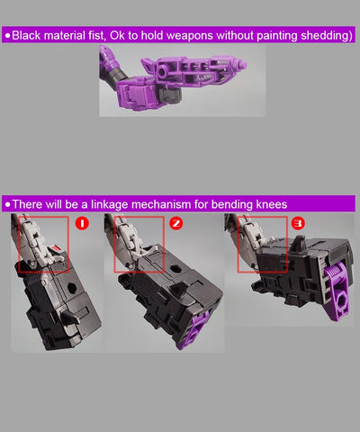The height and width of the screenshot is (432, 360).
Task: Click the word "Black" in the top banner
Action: pyautogui.click(x=26, y=35)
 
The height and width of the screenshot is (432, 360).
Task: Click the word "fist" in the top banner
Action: pyautogui.click(x=96, y=35)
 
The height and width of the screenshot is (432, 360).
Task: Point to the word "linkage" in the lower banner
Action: pyautogui.click(x=110, y=204)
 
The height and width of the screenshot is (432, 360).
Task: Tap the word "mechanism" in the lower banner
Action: pyautogui.click(x=161, y=204)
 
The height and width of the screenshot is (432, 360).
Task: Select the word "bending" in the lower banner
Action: pyautogui.click(x=232, y=204)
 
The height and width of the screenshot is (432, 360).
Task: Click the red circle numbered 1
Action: pyautogui.click(x=82, y=223)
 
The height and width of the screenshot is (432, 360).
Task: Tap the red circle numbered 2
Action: pyautogui.click(x=176, y=223)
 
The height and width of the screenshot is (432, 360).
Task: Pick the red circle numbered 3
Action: pyautogui.click(x=298, y=223)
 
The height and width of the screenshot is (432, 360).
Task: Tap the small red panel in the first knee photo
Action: pyautogui.click(x=57, y=248)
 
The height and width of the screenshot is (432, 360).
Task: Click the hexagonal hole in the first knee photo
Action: pyautogui.click(x=72, y=288)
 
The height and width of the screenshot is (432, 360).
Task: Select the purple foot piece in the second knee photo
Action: pyautogui.click(x=195, y=329)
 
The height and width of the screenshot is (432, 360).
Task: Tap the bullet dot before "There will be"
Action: pyautogui.click(x=7, y=204)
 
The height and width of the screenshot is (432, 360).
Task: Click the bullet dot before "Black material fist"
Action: pyautogui.click(x=7, y=36)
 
